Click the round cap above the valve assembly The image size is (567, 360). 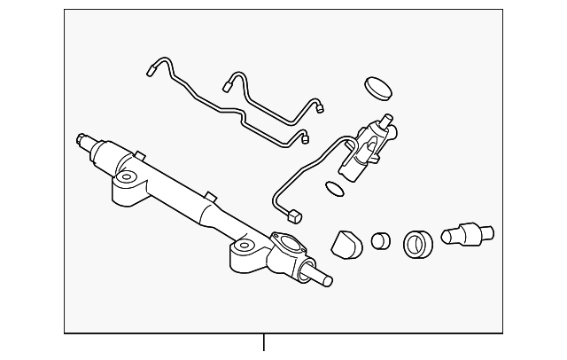(377, 89)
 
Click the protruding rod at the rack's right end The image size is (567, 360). (322, 278)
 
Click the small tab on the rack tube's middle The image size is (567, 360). (209, 194)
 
